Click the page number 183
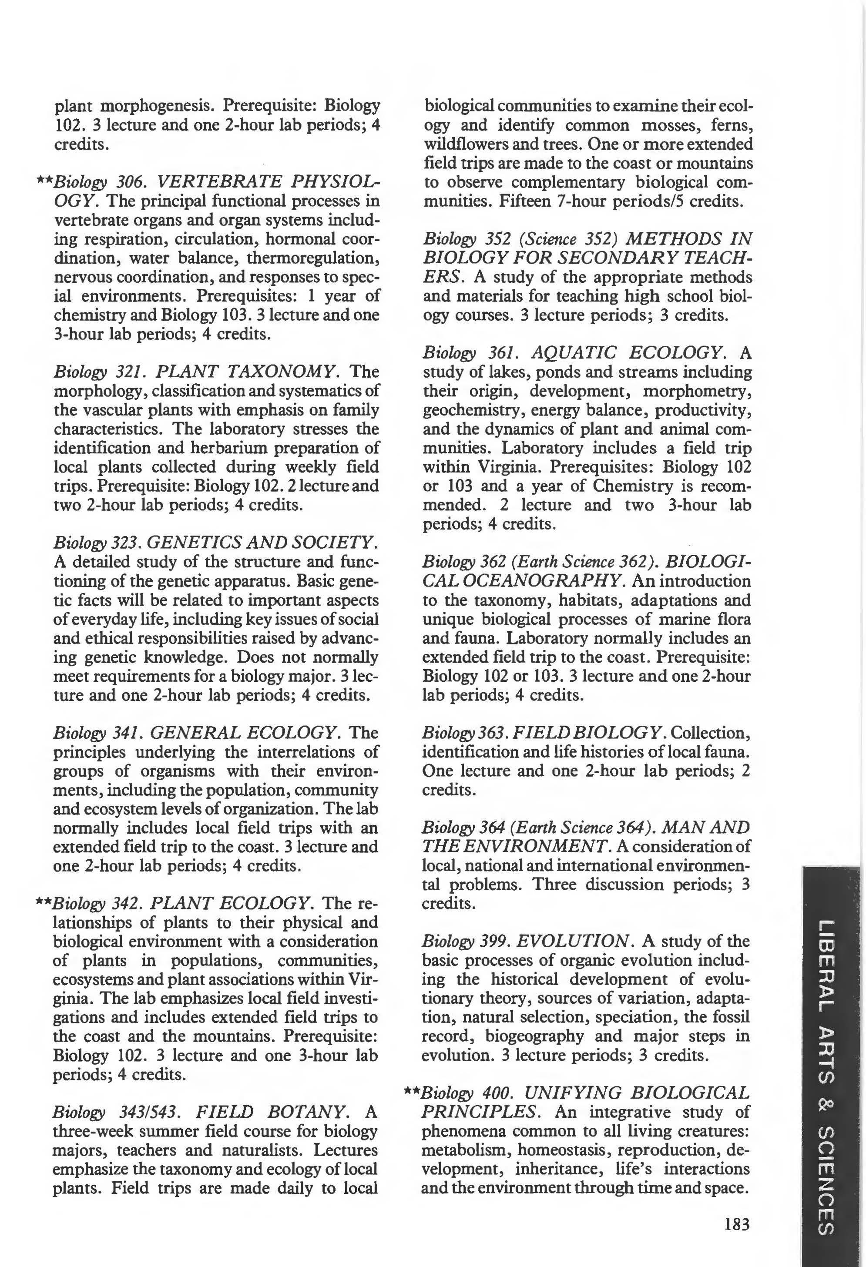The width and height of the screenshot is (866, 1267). pyautogui.click(x=737, y=1224)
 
